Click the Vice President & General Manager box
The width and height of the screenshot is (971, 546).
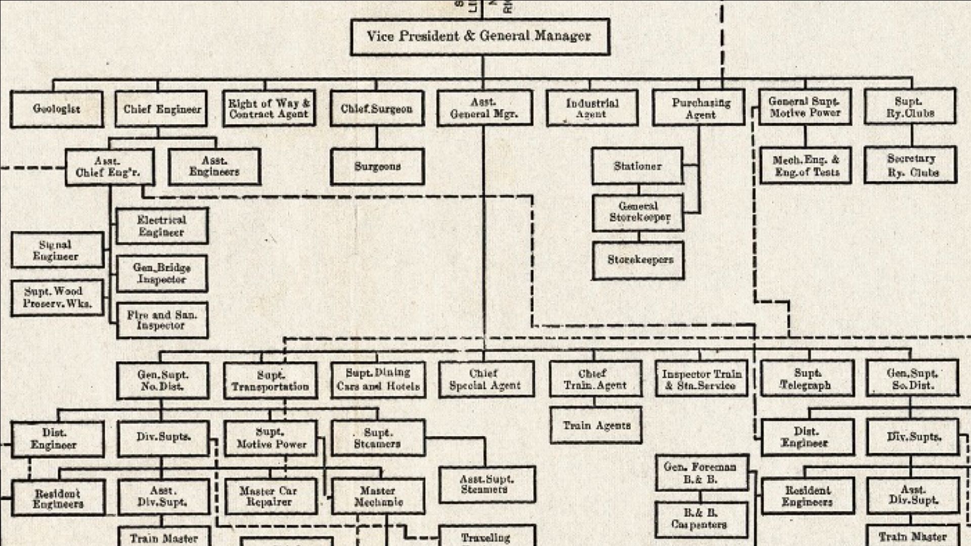(x=479, y=37)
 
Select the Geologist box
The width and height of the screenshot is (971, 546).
(x=57, y=109)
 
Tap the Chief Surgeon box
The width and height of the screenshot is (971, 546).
(x=377, y=109)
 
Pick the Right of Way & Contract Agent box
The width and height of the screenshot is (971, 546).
(x=269, y=109)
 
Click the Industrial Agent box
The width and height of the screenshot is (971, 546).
(x=592, y=109)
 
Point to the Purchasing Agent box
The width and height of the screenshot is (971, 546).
(x=698, y=108)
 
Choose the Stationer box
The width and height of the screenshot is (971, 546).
(x=637, y=166)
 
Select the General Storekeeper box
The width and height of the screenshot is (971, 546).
(x=638, y=213)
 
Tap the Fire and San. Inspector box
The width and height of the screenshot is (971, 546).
(x=162, y=321)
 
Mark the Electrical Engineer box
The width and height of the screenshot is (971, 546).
(x=162, y=226)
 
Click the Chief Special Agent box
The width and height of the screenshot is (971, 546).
(x=486, y=380)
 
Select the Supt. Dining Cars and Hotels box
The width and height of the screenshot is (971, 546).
(x=378, y=380)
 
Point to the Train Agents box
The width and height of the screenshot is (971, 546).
(x=596, y=426)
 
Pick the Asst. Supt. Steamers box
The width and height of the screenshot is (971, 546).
(x=487, y=484)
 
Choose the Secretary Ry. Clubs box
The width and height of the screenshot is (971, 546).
(x=911, y=165)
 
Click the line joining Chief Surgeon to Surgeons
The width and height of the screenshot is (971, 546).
(x=377, y=137)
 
